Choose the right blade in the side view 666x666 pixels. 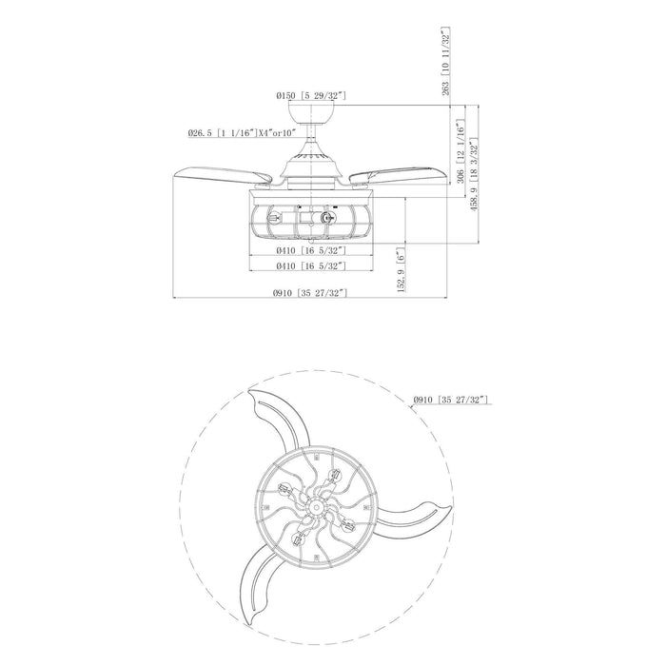[x=395, y=177]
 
